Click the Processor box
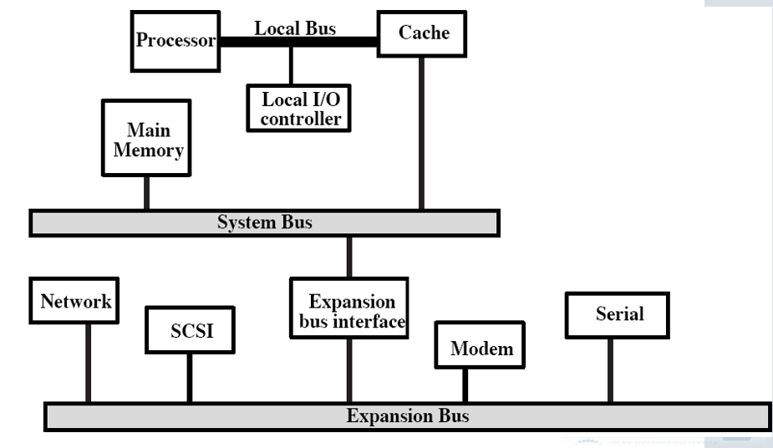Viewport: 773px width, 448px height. point(175,40)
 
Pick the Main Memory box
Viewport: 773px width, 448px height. point(147,140)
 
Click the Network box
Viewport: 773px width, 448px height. point(75,302)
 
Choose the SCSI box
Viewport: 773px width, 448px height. point(191,330)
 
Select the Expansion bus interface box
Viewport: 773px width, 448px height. point(349,309)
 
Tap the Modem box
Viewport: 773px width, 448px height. point(481,347)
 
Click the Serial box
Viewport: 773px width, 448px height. point(618,314)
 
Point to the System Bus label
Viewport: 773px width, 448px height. point(264,222)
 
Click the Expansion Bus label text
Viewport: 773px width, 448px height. point(407,415)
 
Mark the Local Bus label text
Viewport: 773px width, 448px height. point(295,28)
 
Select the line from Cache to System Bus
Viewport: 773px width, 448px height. point(421,134)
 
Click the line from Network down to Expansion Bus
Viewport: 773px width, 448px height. point(87,364)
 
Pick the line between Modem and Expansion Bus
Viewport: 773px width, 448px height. point(465,385)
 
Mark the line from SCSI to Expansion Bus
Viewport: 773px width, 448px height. point(190,378)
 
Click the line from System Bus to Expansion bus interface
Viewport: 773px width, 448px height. point(349,256)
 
